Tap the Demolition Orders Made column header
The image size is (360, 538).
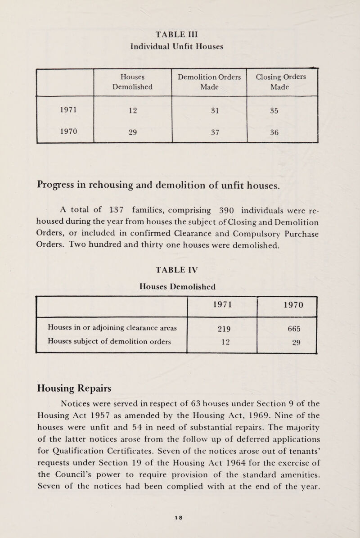click(x=210, y=81)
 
